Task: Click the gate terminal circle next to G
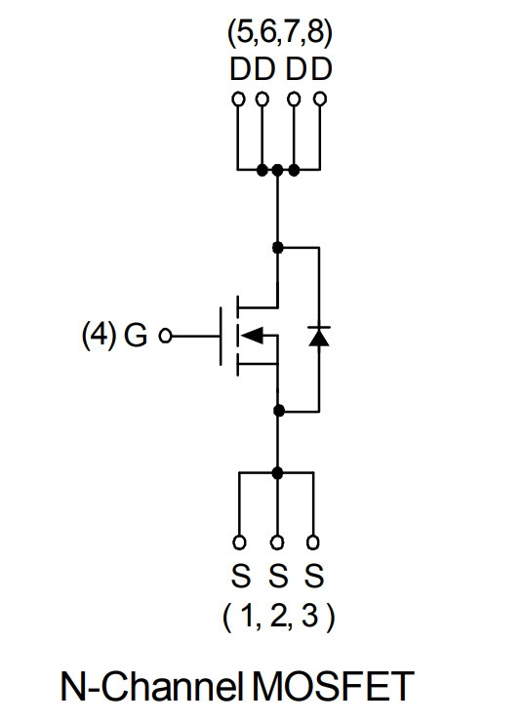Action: [x=165, y=336]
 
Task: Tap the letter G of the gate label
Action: [x=136, y=336]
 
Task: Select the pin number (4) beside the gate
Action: [x=100, y=336]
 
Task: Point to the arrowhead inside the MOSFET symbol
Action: [x=252, y=336]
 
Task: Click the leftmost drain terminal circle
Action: [x=238, y=99]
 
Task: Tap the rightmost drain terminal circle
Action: [x=320, y=99]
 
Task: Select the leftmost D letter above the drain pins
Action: [x=241, y=69]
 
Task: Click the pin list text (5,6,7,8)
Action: [x=279, y=33]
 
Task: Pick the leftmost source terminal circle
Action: [x=239, y=542]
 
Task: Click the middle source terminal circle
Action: [x=277, y=542]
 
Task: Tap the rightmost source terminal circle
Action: [x=312, y=542]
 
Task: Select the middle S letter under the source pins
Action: [x=278, y=576]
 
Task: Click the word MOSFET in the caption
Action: [x=333, y=687]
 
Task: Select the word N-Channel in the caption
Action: [x=152, y=687]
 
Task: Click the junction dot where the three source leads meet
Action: [x=277, y=472]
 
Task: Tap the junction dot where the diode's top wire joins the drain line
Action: [x=277, y=248]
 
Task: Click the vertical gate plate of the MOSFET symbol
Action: [x=221, y=336]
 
